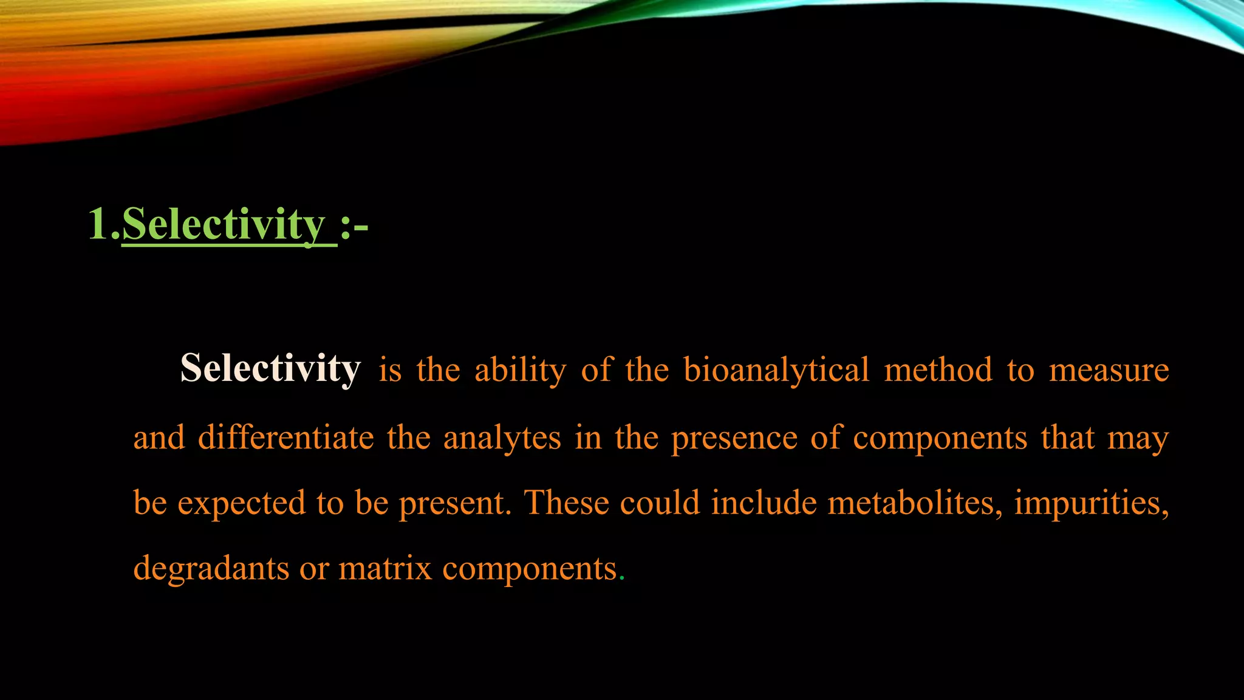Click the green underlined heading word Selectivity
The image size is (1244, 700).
point(224,225)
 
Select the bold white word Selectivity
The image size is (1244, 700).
point(270,368)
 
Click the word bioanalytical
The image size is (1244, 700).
point(776,370)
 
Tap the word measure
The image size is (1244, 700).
point(1109,370)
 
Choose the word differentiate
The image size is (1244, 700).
point(285,437)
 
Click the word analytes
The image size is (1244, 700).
point(502,439)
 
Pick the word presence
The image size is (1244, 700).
point(734,439)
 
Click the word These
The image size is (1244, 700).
point(566,503)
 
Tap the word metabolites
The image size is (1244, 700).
point(915,503)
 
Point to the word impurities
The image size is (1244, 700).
point(1091,504)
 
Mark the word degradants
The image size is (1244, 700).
point(211,569)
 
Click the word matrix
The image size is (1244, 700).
point(385,569)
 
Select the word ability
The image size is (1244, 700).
point(520,370)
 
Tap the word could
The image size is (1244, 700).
point(660,503)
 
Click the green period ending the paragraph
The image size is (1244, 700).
point(621,578)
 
